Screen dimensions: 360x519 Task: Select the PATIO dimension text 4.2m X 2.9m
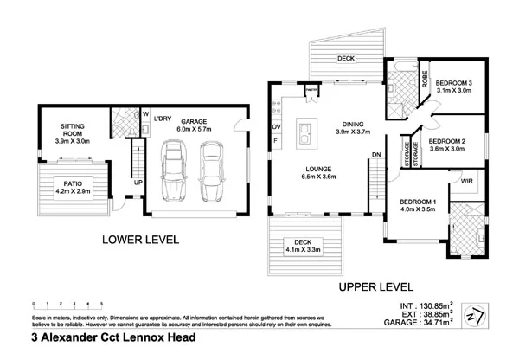click(x=73, y=190)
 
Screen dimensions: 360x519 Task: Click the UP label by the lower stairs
click(x=138, y=183)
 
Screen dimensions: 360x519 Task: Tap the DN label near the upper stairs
click(x=376, y=155)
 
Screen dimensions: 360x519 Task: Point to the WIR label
click(x=467, y=182)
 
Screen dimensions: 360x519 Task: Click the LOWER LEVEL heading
click(x=140, y=240)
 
